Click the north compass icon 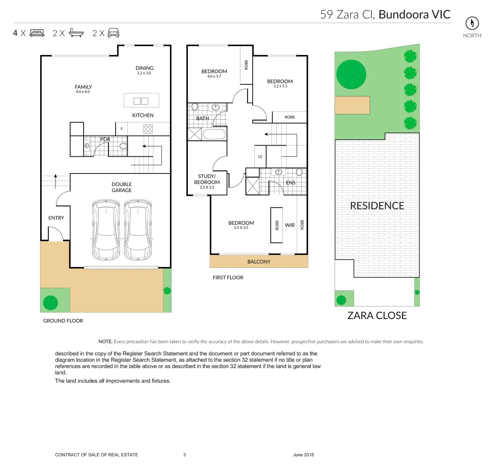[x=472, y=23]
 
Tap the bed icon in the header [x=37, y=33]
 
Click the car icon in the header [x=113, y=33]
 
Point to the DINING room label [x=144, y=68]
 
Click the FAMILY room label [x=83, y=87]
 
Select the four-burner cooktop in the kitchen [x=148, y=129]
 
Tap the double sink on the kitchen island [x=141, y=101]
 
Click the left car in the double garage [x=106, y=229]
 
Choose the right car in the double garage [x=138, y=229]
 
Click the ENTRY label [x=56, y=218]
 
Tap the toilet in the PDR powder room [x=123, y=146]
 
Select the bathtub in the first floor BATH [x=214, y=134]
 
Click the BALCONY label [x=259, y=262]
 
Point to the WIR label [x=290, y=225]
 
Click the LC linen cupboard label [x=260, y=157]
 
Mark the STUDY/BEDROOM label [x=207, y=179]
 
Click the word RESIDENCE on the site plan [x=377, y=206]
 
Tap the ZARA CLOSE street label [x=377, y=316]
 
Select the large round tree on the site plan [x=351, y=74]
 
